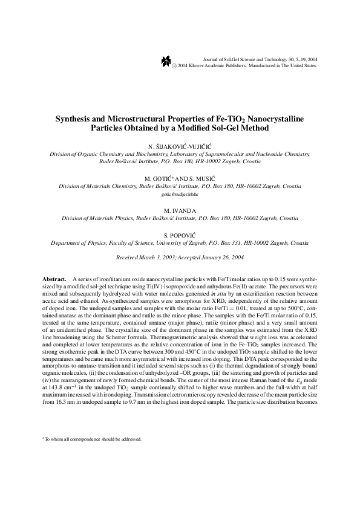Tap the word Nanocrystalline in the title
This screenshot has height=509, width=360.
(x=275, y=119)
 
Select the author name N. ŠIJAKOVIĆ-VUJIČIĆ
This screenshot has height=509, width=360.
(x=180, y=148)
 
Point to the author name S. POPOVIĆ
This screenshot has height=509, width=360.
(x=180, y=233)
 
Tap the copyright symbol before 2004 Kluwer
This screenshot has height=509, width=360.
(x=175, y=66)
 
